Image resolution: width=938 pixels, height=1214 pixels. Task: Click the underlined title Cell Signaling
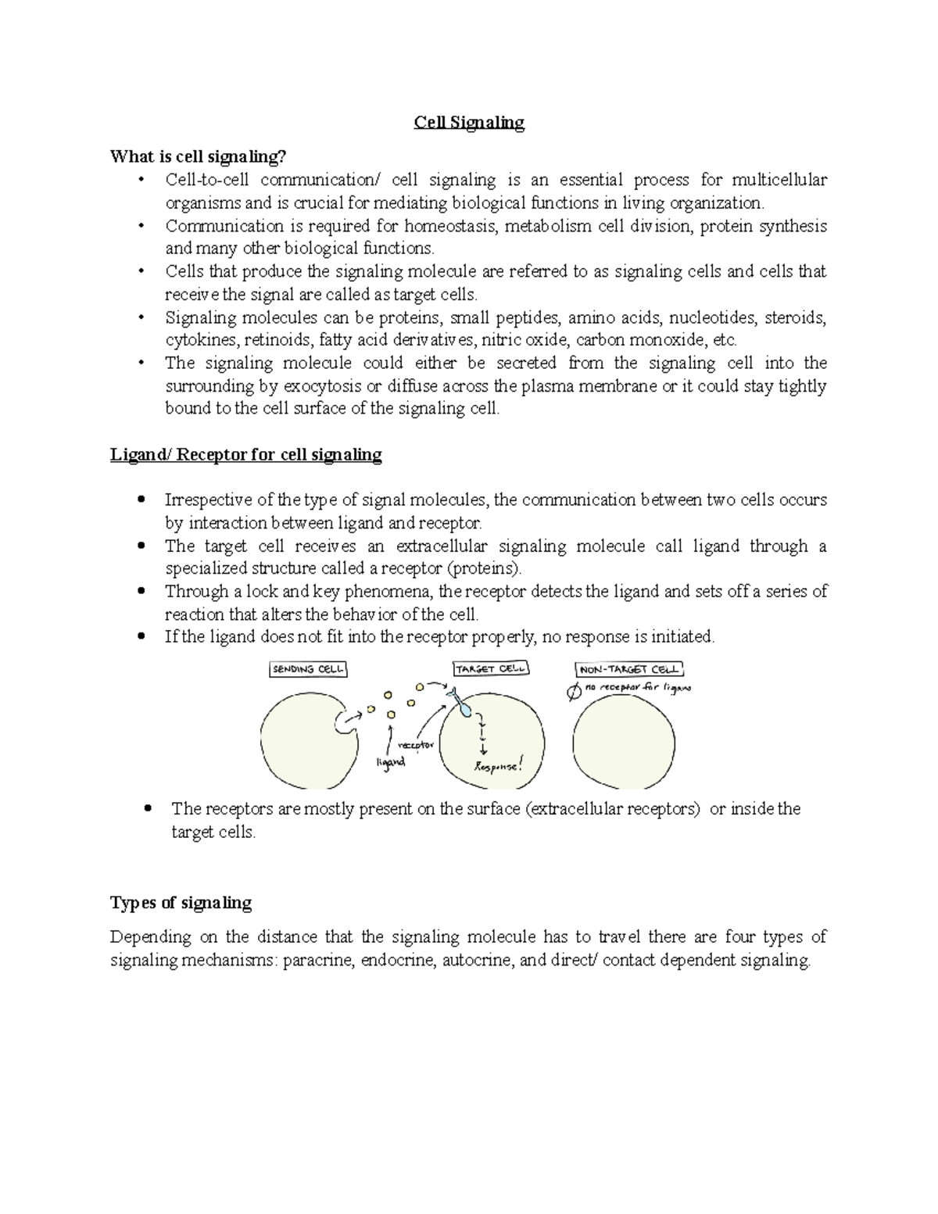pos(469,123)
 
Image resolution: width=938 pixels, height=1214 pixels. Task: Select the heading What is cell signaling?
pos(194,156)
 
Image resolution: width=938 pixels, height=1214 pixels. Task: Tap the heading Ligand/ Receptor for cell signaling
pos(245,454)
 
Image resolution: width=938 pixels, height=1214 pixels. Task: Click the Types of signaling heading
pos(181,903)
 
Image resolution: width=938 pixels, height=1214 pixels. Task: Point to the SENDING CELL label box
pos(308,669)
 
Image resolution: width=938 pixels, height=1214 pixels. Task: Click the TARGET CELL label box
pos(491,669)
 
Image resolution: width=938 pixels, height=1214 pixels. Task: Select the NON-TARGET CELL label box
pos(629,669)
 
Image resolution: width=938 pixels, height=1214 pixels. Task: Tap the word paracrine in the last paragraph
pos(317,960)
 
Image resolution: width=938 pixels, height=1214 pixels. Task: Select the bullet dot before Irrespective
pos(141,500)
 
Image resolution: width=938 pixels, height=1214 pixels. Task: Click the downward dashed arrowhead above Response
pos(485,750)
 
